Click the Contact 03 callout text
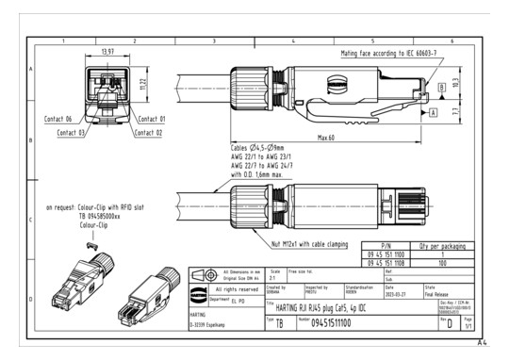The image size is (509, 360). (71, 135)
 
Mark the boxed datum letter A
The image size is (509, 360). (433, 111)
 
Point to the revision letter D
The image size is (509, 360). (473, 323)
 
